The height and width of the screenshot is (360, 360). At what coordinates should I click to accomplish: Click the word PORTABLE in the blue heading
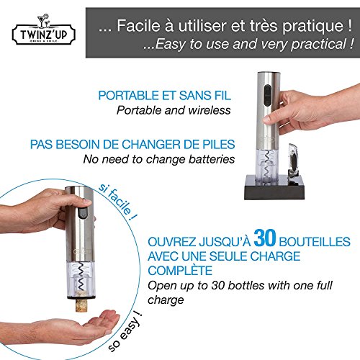pyautogui.click(x=126, y=96)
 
